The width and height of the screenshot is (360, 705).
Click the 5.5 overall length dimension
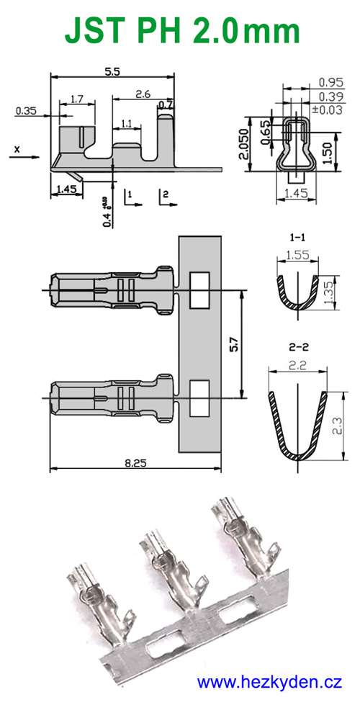tap(112, 71)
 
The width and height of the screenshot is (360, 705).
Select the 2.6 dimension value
tap(143, 94)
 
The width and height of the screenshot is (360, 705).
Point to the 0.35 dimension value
tap(25, 111)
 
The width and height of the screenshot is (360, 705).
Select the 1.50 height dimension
tap(329, 152)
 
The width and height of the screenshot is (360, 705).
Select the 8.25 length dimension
tap(134, 464)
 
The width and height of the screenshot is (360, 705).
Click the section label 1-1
tap(297, 236)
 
